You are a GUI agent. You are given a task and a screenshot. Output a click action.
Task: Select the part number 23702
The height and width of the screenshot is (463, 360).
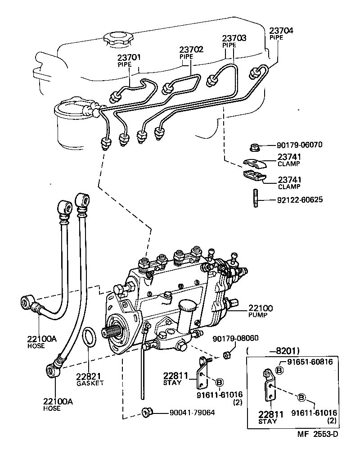(x=191, y=50)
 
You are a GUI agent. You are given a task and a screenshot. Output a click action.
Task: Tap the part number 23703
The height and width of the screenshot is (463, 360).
(x=234, y=39)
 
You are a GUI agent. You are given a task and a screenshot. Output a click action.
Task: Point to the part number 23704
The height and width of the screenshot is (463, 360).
(x=281, y=31)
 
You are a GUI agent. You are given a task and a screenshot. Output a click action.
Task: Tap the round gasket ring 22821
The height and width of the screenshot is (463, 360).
(x=90, y=338)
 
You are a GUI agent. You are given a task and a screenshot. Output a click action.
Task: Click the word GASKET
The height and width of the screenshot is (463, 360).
(x=90, y=383)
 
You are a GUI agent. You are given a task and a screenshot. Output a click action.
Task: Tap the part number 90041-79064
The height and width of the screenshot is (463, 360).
(x=192, y=412)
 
